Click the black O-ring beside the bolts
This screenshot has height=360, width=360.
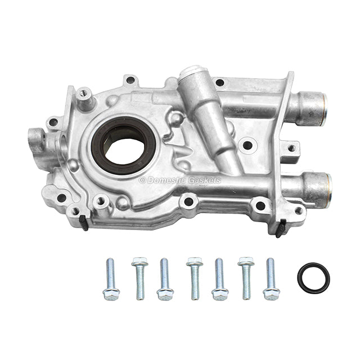[313, 278]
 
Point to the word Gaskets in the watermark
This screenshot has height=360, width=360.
[205, 181]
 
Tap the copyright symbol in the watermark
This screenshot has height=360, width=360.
[142, 181]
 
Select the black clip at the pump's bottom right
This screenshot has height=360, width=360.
[280, 229]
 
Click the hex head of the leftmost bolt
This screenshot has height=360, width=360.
[111, 294]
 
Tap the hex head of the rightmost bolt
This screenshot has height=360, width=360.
[272, 294]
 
